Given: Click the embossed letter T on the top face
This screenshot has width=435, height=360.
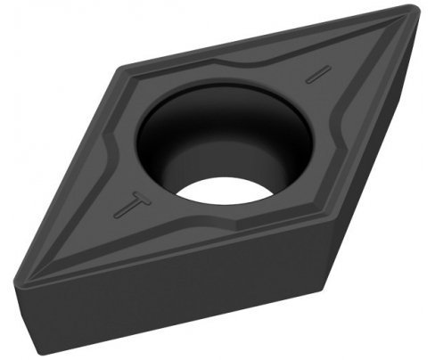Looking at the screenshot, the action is (x=134, y=206).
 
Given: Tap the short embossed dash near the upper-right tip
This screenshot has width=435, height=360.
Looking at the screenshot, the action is (x=318, y=74).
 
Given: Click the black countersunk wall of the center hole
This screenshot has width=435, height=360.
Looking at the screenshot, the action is (x=167, y=119).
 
